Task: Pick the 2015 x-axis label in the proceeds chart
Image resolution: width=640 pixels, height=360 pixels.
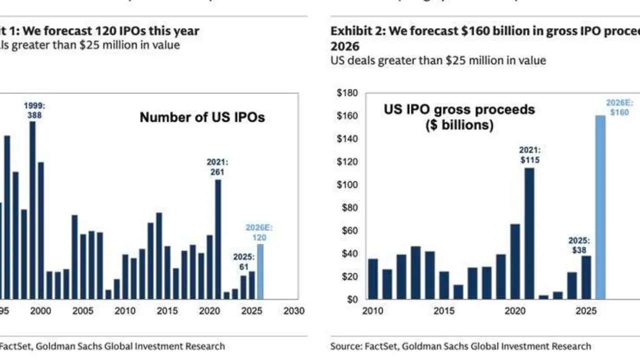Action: pos(443,311)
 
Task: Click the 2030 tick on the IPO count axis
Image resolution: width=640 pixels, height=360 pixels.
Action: pos(293,311)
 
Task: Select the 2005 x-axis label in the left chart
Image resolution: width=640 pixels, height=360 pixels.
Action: pos(83,311)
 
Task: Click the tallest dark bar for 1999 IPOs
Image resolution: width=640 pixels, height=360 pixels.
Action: pos(32,210)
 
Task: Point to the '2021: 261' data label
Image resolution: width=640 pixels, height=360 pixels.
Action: pos(217,167)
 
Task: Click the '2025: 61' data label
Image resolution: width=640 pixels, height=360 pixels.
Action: pos(244,261)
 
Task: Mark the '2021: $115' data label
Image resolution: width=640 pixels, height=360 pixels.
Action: pos(529,155)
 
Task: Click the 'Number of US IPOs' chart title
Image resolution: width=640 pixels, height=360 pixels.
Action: pos(202,117)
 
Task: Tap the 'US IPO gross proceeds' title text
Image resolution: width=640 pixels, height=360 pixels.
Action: pos(459,110)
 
